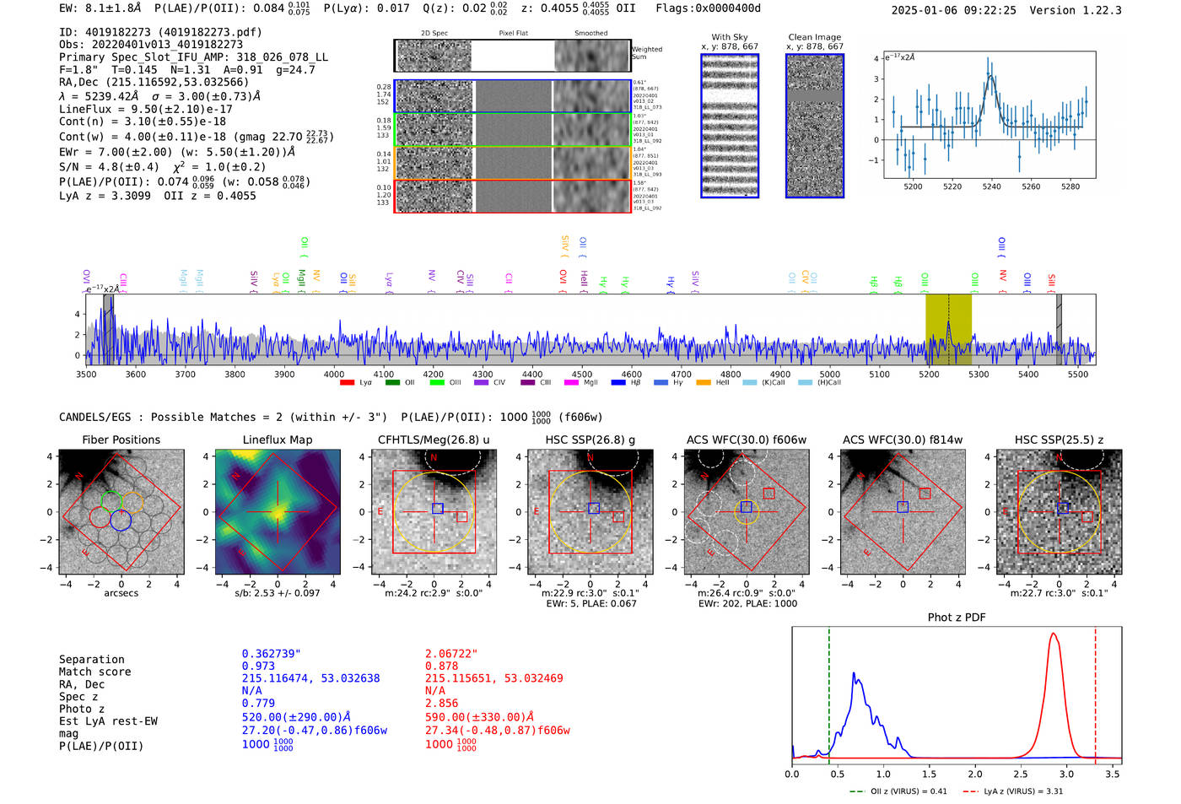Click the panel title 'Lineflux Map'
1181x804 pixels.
277,440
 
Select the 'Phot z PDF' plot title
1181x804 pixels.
956,618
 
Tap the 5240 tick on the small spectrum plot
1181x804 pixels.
991,186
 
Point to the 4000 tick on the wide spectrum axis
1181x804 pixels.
334,374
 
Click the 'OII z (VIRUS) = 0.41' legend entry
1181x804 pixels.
898,791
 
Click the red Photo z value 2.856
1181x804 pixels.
441,703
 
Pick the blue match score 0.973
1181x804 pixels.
258,666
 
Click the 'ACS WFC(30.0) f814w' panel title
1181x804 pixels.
902,440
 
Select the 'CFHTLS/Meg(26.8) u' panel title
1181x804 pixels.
433,440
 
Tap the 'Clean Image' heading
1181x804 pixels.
814,37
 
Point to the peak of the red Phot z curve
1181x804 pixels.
1054,634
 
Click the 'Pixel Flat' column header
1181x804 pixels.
513,33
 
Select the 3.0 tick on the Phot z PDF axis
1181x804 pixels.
1066,774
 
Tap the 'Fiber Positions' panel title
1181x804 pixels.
121,440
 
